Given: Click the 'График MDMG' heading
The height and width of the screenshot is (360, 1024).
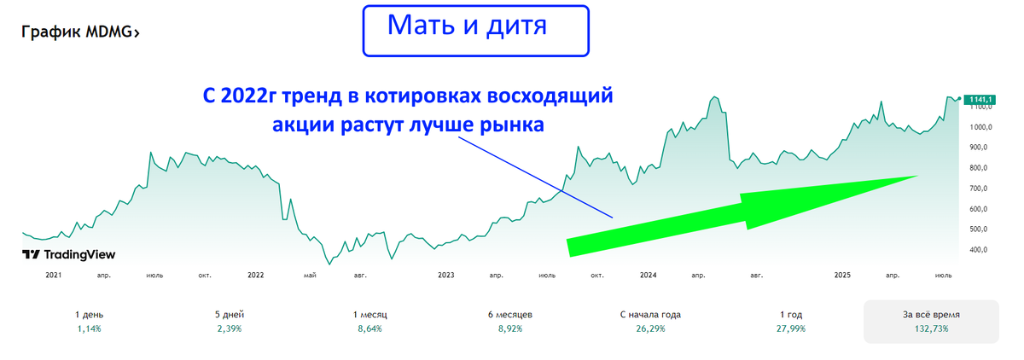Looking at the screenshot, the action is tap(80, 32).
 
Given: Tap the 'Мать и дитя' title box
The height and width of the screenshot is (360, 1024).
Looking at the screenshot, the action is tap(476, 31).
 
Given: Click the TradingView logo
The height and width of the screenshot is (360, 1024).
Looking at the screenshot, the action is tap(68, 254).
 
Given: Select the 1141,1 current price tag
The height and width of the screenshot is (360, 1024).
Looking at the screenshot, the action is tap(980, 100).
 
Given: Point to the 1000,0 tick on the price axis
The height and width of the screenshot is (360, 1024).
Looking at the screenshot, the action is tap(980, 127).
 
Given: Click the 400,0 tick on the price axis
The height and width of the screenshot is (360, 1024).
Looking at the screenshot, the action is tap(979, 249).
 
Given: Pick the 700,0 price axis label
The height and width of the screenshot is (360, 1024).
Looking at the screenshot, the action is tap(979, 189).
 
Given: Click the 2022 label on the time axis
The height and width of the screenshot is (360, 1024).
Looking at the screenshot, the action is tap(255, 275).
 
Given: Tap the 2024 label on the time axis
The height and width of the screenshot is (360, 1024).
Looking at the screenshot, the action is tap(648, 275).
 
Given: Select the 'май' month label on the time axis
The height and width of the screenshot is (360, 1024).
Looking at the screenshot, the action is tap(310, 276).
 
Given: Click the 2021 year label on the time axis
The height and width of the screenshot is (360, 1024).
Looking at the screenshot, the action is tap(54, 275).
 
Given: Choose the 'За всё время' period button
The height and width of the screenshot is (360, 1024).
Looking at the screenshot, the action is tap(931, 321).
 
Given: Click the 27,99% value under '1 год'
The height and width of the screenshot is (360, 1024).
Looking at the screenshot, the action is tap(791, 328).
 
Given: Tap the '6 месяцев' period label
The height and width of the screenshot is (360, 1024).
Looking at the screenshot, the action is tap(510, 314).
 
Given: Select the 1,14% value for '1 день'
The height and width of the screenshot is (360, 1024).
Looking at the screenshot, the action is tap(89, 328).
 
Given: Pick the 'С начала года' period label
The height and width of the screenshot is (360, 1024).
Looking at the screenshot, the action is tap(650, 314).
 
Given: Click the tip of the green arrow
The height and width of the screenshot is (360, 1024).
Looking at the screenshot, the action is tap(918, 176).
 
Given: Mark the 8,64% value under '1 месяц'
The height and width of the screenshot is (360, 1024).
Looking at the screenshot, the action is tap(369, 328).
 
